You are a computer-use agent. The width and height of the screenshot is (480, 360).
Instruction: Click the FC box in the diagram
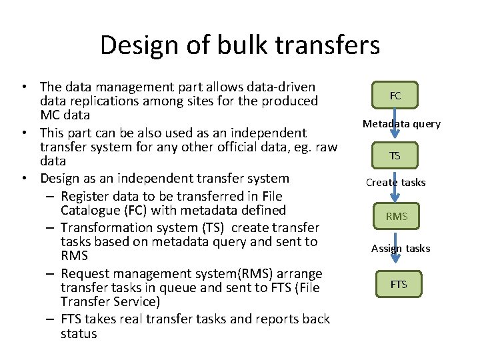click(395, 96)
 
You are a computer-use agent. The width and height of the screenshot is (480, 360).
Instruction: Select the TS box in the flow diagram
click(395, 156)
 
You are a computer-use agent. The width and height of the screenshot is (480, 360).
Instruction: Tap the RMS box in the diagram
click(396, 217)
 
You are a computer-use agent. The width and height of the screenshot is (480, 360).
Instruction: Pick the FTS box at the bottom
click(398, 285)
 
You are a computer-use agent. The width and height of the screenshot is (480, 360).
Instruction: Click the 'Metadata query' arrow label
click(401, 124)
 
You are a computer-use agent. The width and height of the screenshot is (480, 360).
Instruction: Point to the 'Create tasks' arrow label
click(395, 183)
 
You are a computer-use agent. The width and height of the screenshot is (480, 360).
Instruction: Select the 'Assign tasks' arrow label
click(401, 249)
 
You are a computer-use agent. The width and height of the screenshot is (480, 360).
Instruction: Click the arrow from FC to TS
click(396, 126)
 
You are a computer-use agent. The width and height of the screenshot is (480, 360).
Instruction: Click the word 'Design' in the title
click(139, 45)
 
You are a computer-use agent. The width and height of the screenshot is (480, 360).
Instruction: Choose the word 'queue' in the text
click(207, 288)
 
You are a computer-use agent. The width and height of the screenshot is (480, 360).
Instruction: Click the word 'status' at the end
click(79, 333)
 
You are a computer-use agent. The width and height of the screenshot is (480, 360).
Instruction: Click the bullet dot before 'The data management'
click(24, 87)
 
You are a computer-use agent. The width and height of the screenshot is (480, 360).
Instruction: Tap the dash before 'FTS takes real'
click(51, 319)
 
